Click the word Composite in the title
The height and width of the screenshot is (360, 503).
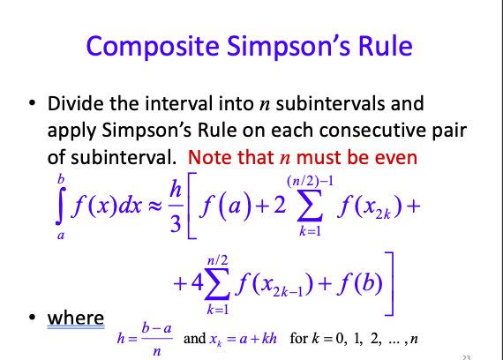(x=153, y=47)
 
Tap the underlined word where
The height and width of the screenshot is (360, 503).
(x=76, y=318)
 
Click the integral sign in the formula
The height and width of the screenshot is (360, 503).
(x=60, y=206)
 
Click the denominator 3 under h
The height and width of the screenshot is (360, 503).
(x=176, y=223)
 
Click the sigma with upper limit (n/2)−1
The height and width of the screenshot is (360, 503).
(x=310, y=206)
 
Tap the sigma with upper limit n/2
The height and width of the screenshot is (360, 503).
(x=217, y=283)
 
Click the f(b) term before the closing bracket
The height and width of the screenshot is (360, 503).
(x=360, y=283)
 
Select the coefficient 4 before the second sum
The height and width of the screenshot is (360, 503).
(x=197, y=282)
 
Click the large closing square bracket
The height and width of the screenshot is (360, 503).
(x=391, y=284)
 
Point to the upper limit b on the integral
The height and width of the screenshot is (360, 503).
(x=61, y=179)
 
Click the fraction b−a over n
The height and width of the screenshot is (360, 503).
(x=157, y=339)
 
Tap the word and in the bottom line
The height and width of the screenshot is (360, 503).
(x=194, y=339)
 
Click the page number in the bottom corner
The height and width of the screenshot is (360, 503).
(x=467, y=357)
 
